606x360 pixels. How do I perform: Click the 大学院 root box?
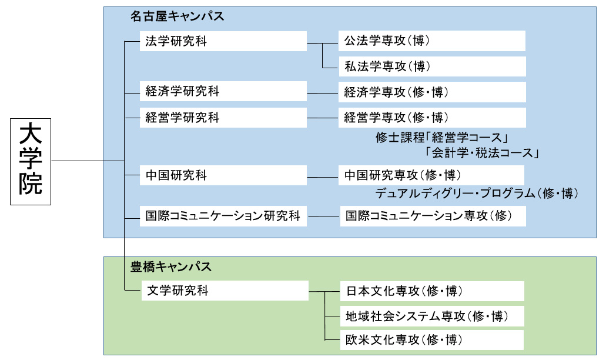coord(31,161)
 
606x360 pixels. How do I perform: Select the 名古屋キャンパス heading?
coord(177,16)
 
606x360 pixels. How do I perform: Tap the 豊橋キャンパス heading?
coord(170,266)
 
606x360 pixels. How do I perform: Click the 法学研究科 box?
coord(223,42)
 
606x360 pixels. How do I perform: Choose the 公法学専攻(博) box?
coord(431,41)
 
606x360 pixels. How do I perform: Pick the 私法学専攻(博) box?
coord(431,66)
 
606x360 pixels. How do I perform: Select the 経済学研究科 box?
coord(223,92)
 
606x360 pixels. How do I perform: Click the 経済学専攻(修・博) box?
coord(431,92)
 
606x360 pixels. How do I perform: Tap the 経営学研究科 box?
coord(223,118)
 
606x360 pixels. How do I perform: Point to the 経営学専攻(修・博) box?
coord(431,118)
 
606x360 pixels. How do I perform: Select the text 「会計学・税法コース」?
coord(481,154)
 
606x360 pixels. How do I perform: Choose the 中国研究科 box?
coord(223,175)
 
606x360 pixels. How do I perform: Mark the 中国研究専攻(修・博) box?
coord(431,175)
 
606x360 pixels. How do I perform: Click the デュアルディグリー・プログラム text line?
coord(477,192)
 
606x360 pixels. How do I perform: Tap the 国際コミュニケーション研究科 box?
coord(223,216)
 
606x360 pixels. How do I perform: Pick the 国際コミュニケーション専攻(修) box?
coord(433,216)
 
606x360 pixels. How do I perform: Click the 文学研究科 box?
coord(225,291)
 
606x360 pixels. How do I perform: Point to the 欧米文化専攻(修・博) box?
coord(432,340)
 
